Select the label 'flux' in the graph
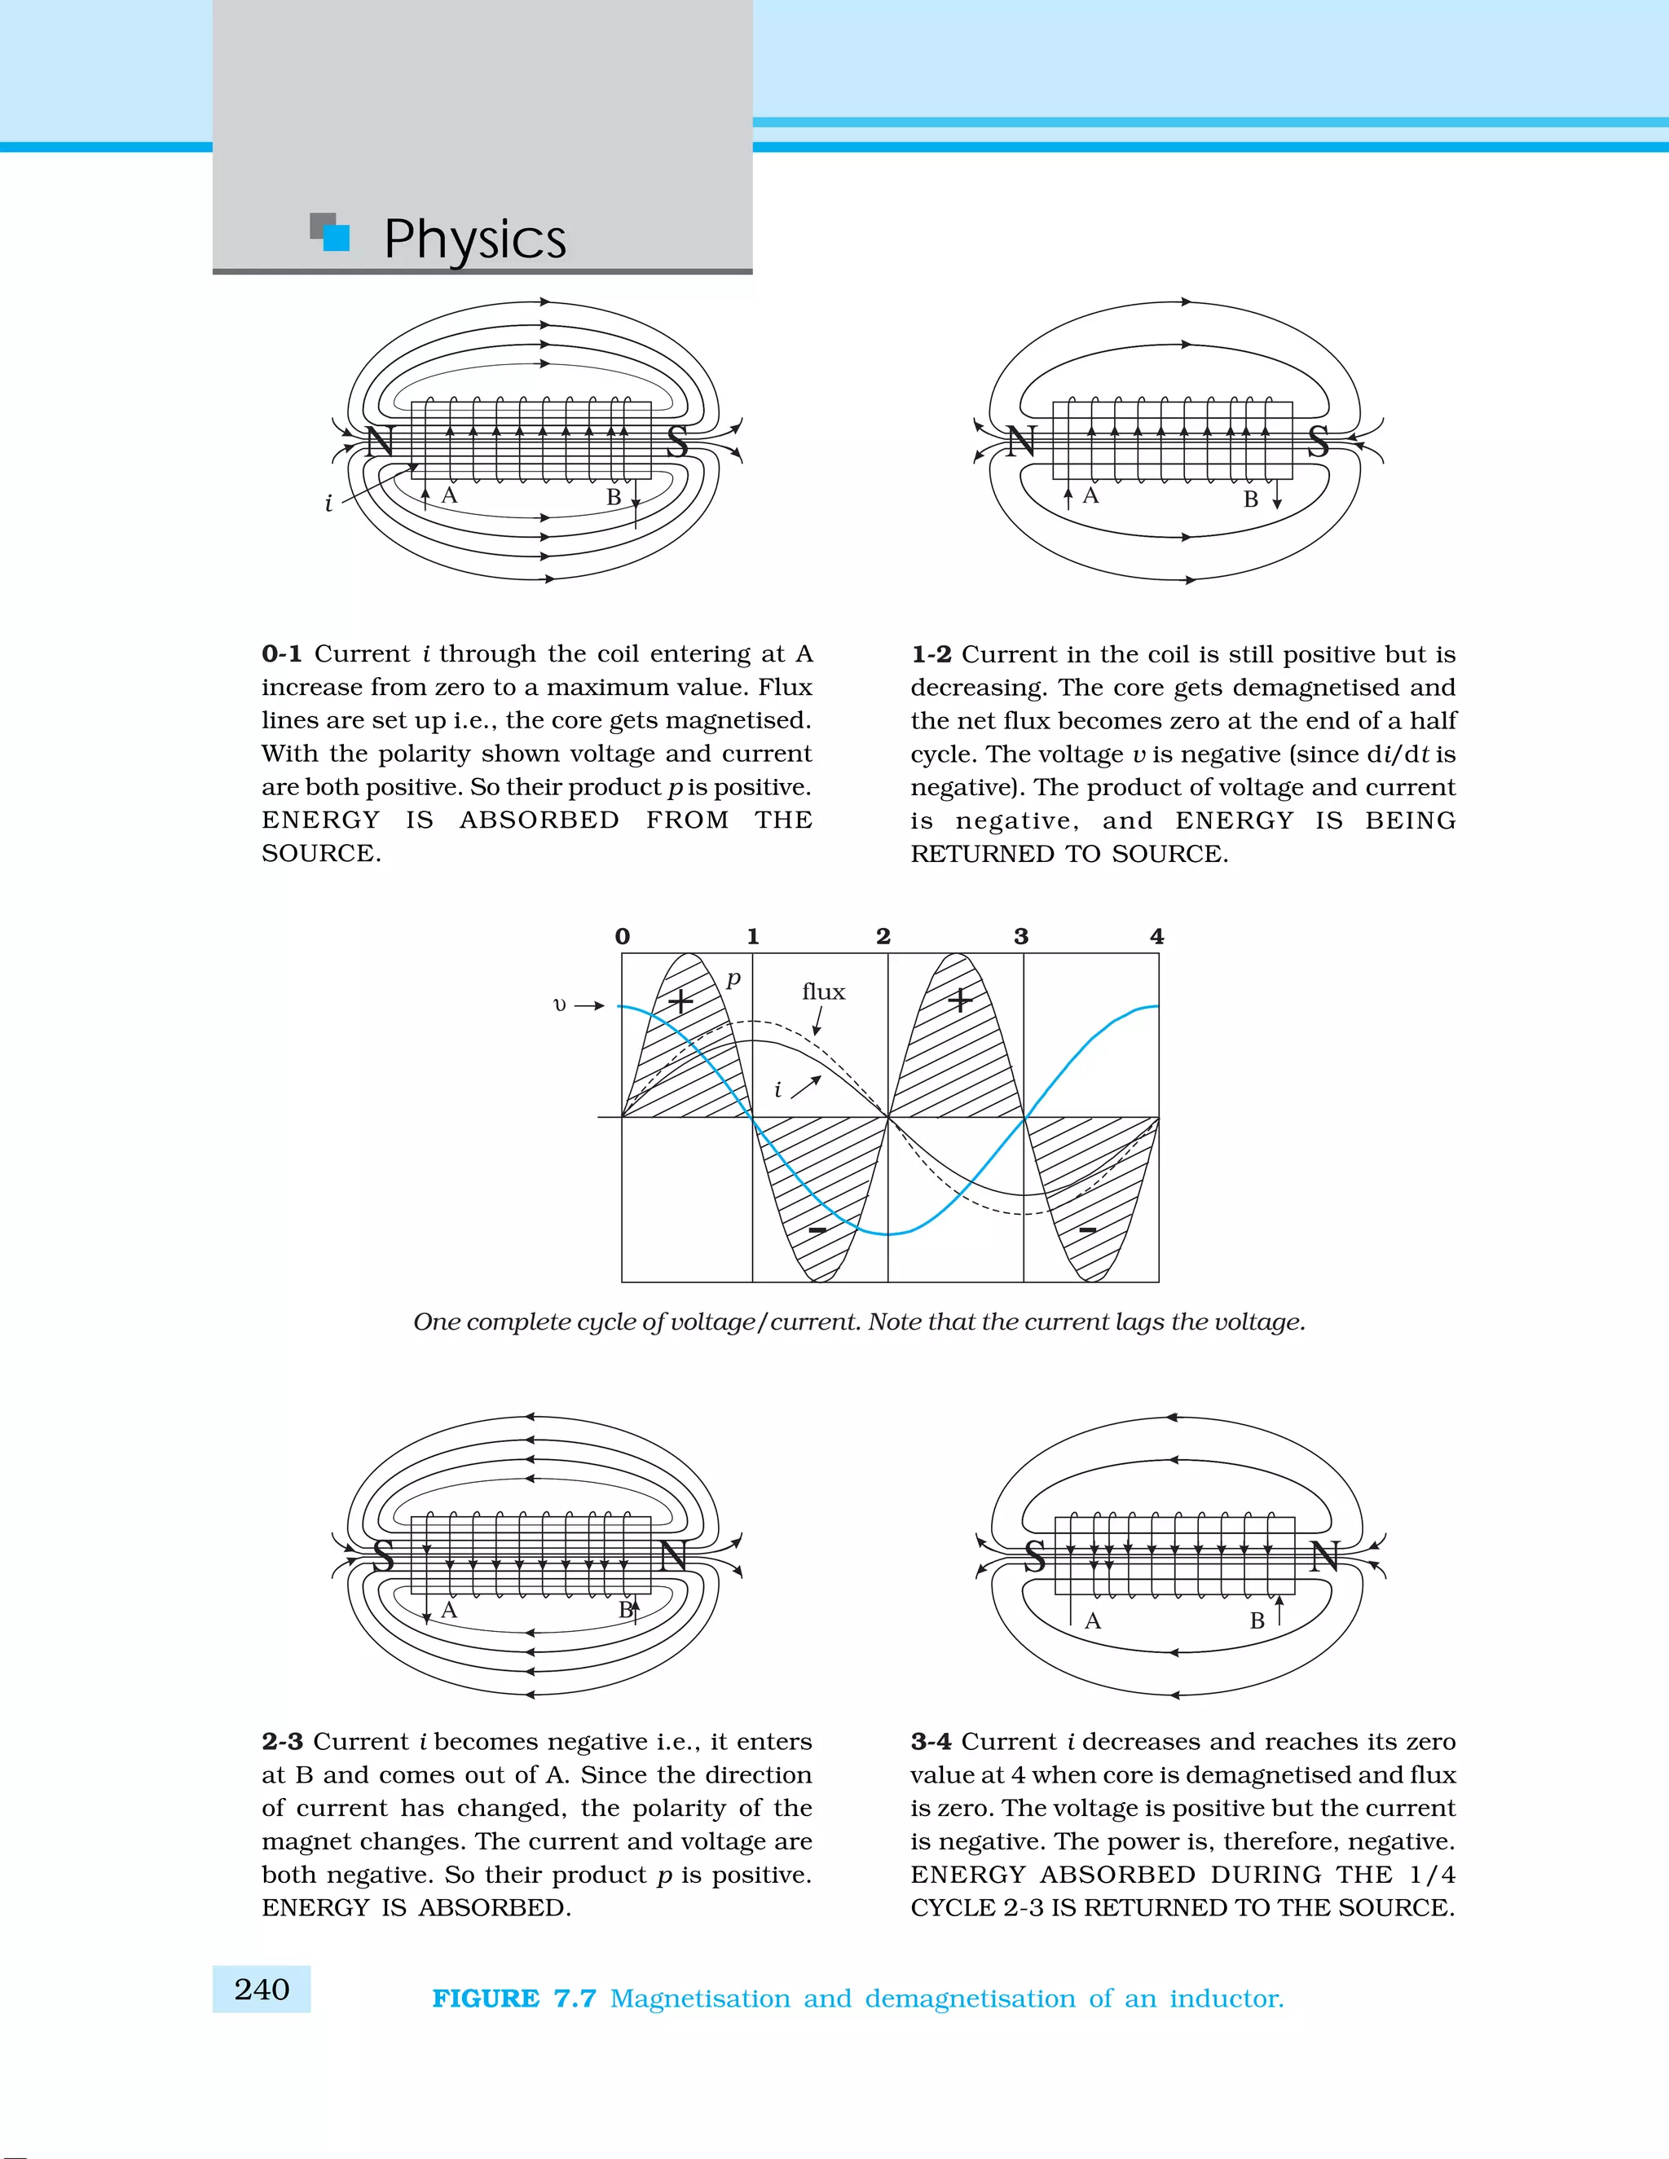coord(824,992)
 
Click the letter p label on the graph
coord(733,978)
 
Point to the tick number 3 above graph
coord(1021,936)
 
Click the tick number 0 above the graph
coord(622,936)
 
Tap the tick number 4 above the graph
coord(1157,936)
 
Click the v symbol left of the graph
coord(560,1005)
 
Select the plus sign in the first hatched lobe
coord(680,1001)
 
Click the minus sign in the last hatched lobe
coord(1088,1229)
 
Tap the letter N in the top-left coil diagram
coord(380,442)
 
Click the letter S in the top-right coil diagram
coord(1319,441)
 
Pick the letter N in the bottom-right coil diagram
coord(1324,1557)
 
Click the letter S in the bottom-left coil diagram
coord(384,1557)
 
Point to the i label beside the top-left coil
coord(328,503)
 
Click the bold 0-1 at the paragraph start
coord(282,653)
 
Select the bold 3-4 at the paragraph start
coord(931,1741)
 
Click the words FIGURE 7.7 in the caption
coord(514,1998)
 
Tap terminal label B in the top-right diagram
coord(1251,499)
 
